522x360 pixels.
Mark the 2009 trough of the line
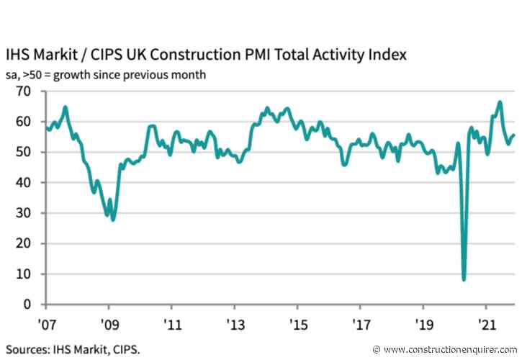(x=113, y=220)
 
